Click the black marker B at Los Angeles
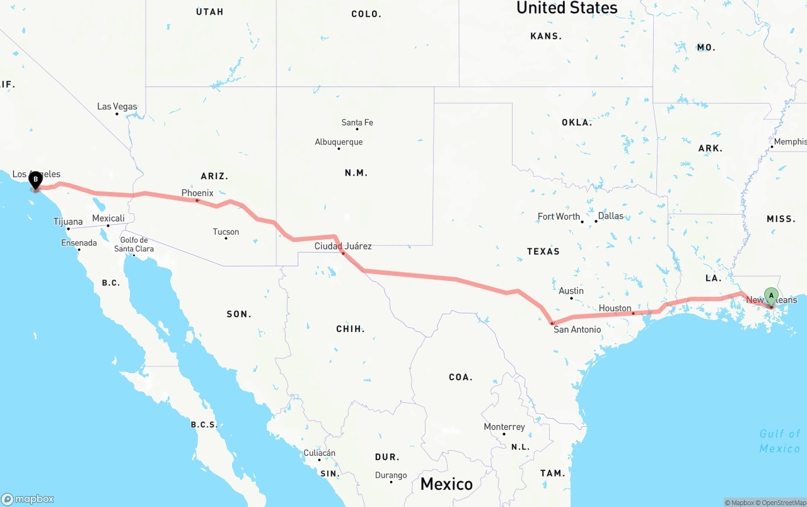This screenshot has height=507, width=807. click(x=36, y=179)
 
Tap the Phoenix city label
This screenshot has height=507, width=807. click(x=197, y=193)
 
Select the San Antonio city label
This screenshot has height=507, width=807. click(x=577, y=329)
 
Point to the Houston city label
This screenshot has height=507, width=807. click(x=615, y=308)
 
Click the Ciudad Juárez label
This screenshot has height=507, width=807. click(x=343, y=246)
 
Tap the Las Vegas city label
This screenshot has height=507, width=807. click(x=117, y=106)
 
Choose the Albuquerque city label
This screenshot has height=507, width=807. click(x=339, y=142)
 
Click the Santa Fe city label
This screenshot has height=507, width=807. click(x=357, y=122)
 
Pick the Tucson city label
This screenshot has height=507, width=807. click(x=226, y=232)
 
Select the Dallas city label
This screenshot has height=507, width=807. click(x=610, y=216)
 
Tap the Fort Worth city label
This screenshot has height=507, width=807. click(x=559, y=217)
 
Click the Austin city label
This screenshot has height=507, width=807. click(x=571, y=290)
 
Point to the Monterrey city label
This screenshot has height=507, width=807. click(x=504, y=427)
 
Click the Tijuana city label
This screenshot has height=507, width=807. click(x=68, y=222)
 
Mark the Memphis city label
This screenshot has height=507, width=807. click(x=790, y=141)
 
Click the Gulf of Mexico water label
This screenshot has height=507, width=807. click(x=779, y=441)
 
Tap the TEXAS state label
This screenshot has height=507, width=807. click(x=543, y=251)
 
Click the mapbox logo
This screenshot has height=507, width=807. click(x=28, y=499)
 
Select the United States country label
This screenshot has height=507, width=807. click(x=567, y=8)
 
